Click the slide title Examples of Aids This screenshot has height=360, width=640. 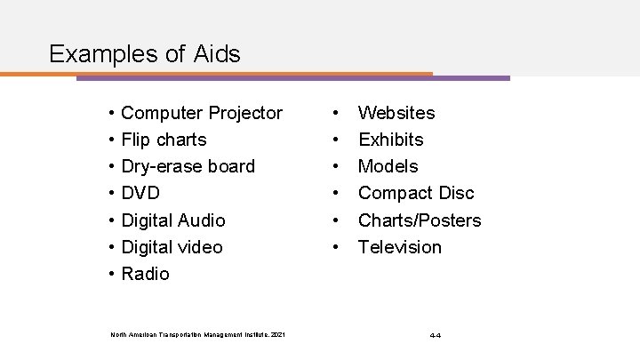tap(145, 54)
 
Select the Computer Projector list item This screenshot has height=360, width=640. tap(201, 113)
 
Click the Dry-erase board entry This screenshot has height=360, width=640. tap(188, 166)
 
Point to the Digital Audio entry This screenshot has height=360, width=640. tap(172, 220)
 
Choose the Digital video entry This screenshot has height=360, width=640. tap(172, 246)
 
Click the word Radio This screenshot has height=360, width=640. tap(145, 274)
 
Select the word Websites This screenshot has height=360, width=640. tap(396, 113)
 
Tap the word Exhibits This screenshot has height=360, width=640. tap(390, 140)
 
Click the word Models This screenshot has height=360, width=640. tap(388, 166)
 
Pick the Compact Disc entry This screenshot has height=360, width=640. tap(415, 193)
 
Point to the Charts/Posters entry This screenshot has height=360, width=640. tap(419, 220)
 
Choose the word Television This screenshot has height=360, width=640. tap(399, 246)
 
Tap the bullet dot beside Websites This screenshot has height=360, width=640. tap(335, 113)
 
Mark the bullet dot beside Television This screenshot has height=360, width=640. tap(335, 246)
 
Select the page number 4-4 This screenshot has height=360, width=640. tap(436, 335)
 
